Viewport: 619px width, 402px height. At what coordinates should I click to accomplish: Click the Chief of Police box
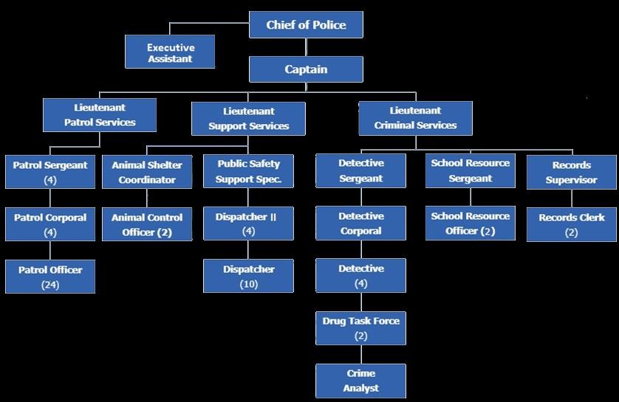coord(306,25)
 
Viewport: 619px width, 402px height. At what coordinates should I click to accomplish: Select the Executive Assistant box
coord(170,52)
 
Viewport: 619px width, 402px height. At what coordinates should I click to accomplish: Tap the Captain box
coord(306,70)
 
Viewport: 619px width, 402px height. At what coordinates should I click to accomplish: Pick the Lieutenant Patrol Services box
coord(100,115)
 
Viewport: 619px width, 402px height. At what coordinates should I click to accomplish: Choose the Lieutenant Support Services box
coord(248,119)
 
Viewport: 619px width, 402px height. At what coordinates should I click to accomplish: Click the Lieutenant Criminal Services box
coord(415,118)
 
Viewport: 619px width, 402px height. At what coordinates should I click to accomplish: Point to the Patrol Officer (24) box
coord(50,277)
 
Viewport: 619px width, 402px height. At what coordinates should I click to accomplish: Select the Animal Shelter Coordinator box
coord(147,172)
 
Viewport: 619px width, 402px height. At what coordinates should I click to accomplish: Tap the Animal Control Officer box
coord(147,224)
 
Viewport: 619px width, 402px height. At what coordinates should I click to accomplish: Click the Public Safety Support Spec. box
coord(248,172)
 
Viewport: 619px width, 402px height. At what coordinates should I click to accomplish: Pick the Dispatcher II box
coord(248,224)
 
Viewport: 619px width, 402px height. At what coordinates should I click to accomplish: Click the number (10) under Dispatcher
coord(248,284)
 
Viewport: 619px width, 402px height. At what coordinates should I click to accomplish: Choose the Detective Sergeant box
coord(360,171)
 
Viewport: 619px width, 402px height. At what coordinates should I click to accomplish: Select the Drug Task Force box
coord(360,328)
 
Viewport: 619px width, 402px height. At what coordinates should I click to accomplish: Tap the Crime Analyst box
coord(360,381)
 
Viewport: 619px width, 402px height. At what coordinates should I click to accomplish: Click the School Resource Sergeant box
coord(471,171)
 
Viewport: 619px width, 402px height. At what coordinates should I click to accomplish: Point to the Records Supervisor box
coord(571,172)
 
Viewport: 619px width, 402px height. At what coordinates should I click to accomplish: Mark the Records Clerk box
coord(571,224)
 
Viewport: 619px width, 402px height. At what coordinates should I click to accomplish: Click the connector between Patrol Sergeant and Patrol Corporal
coord(50,198)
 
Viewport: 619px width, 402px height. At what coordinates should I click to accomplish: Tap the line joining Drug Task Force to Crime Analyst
coord(360,354)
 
